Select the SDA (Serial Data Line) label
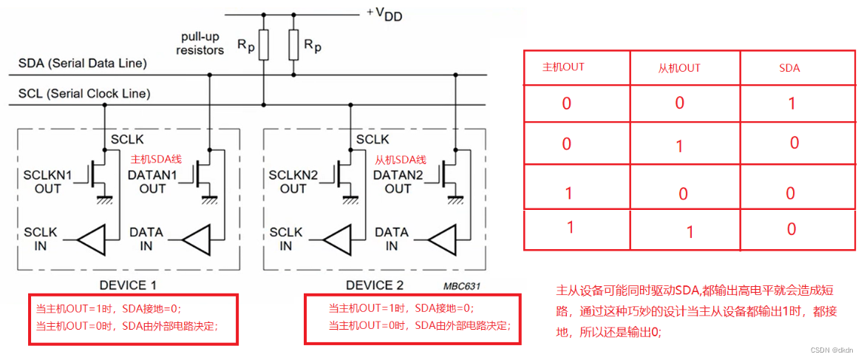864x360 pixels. click(82, 64)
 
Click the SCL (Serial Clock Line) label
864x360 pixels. click(84, 94)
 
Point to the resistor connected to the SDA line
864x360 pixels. click(293, 45)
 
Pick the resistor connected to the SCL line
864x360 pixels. click(264, 45)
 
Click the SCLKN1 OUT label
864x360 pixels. click(48, 181)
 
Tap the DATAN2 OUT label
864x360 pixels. click(398, 181)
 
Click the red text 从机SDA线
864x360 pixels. click(401, 160)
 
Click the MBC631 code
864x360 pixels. click(464, 285)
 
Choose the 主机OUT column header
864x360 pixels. click(563, 67)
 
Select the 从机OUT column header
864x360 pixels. click(679, 68)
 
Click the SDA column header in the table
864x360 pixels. click(789, 68)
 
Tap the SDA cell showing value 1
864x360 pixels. click(792, 103)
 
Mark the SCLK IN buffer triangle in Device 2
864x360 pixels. click(338, 239)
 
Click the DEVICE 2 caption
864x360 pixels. click(375, 285)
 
